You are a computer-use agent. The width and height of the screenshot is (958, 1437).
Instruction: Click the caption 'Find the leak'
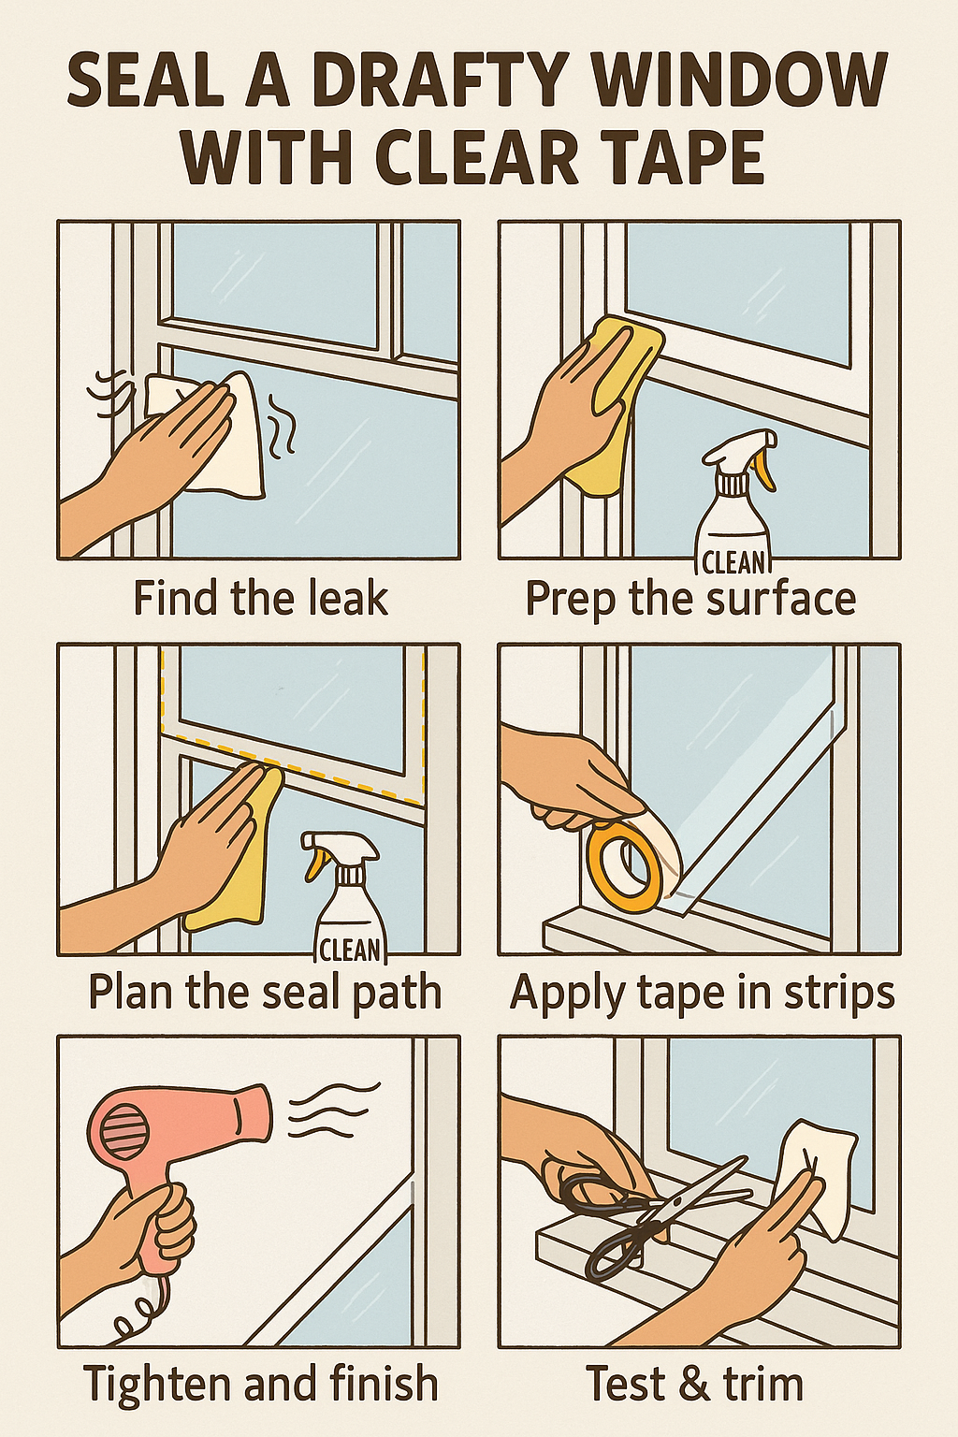coord(260,599)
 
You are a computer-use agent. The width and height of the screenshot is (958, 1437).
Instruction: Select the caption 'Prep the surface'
coord(690,599)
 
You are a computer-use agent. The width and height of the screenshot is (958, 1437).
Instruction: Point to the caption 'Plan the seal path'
coord(265,993)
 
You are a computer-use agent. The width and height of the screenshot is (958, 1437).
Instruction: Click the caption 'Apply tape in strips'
coord(702,993)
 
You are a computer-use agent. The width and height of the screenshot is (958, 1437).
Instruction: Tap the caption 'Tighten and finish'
coord(261,1384)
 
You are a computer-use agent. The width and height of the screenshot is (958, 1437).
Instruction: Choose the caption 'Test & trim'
coord(694,1384)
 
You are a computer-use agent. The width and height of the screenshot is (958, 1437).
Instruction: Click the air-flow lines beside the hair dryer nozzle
coord(332,1109)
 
